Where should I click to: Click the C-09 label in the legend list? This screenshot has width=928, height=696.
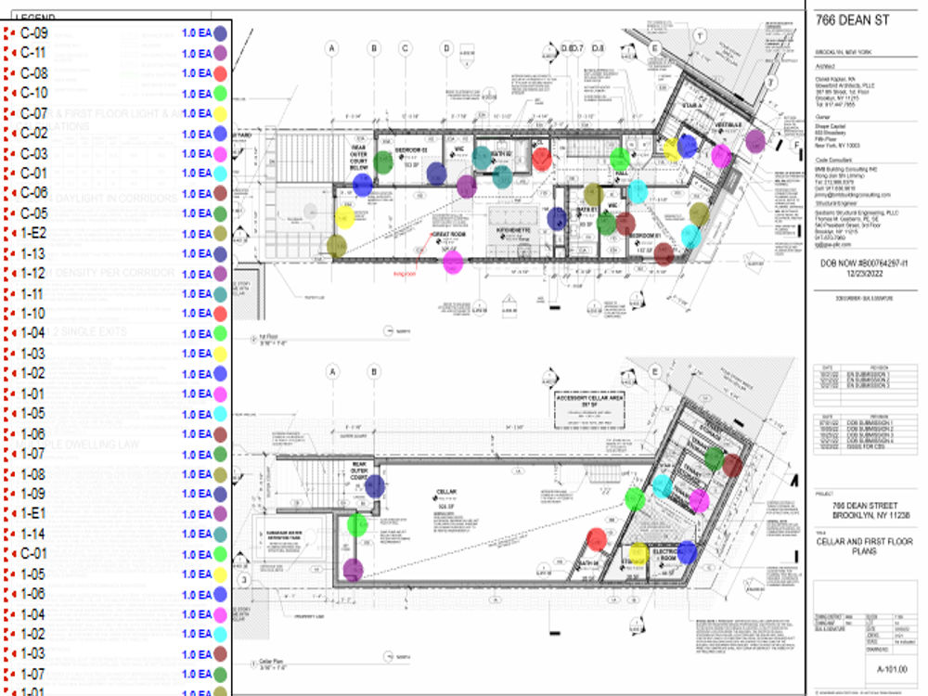pos(34,32)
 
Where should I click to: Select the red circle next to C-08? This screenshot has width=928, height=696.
pos(220,73)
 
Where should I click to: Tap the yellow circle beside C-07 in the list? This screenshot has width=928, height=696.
pos(220,113)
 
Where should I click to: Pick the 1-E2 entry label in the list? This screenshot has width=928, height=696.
pos(34,233)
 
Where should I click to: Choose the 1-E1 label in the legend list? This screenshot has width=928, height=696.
pos(34,513)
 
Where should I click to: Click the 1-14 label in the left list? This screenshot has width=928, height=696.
pos(33,534)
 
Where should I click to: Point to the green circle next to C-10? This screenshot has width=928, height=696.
pos(220,93)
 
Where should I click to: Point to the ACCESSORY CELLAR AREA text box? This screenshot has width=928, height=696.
pos(586,407)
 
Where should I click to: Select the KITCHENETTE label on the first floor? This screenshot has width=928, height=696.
pos(511,227)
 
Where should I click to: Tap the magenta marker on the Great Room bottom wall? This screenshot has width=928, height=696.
pos(453,263)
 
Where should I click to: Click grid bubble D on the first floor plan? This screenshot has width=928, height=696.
pos(446,48)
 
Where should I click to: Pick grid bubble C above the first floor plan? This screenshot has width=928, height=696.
pos(406,48)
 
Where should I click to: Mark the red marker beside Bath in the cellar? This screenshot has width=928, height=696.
pos(597,539)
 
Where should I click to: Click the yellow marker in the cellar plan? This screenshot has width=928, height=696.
pos(638,553)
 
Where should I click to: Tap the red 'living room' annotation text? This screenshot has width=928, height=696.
pos(406,275)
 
